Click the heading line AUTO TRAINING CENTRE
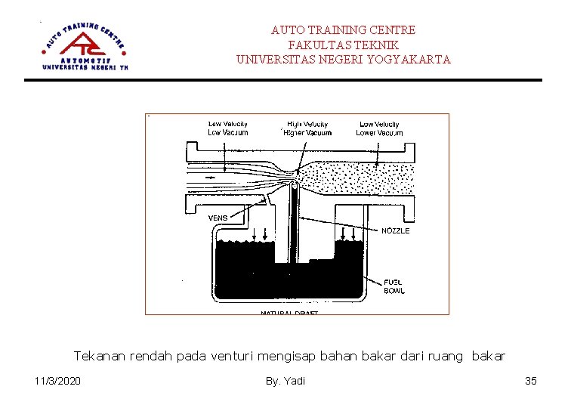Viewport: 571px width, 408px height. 343,30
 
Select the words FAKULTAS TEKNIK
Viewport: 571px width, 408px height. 343,45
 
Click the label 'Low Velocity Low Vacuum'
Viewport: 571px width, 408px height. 227,128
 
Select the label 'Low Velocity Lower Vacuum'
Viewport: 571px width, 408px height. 380,128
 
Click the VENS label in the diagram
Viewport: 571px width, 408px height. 218,218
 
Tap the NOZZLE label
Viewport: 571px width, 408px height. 395,231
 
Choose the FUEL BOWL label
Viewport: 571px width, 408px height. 394,286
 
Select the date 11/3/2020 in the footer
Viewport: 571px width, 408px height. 59,381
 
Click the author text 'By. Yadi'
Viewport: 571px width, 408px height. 285,381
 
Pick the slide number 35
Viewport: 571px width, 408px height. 530,381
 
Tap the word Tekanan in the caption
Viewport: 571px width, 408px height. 100,355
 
